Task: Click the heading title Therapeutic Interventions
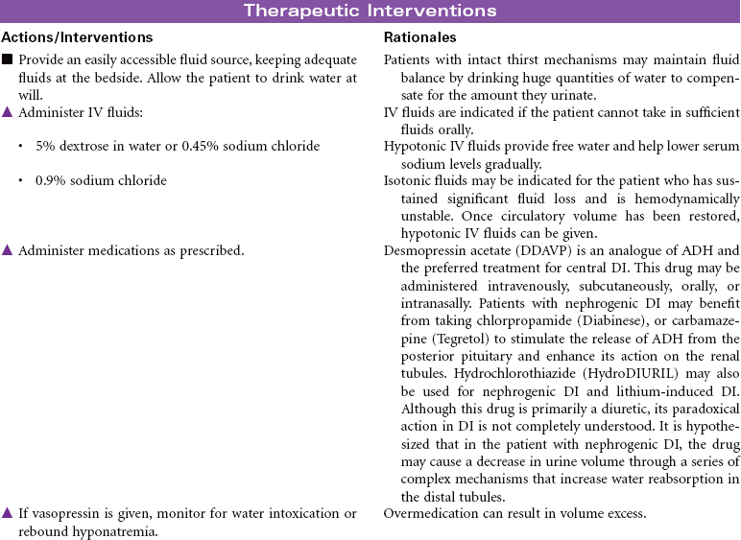(x=370, y=12)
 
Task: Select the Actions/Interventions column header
(x=78, y=37)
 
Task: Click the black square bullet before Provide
(x=8, y=60)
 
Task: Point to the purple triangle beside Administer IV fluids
(x=8, y=113)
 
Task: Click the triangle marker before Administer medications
(x=8, y=251)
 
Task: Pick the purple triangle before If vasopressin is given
(x=8, y=514)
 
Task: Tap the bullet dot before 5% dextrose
(x=21, y=147)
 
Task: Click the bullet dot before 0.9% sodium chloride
(x=21, y=181)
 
